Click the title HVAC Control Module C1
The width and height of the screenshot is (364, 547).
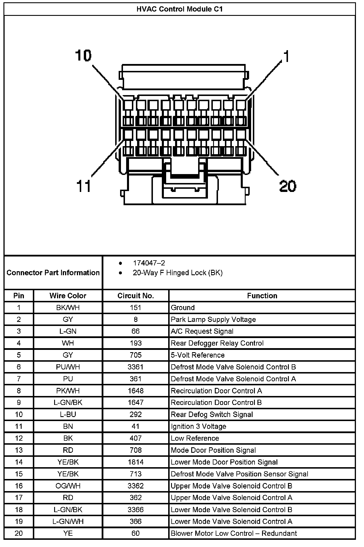tap(179, 9)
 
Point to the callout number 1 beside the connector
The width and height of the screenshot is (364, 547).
tap(286, 56)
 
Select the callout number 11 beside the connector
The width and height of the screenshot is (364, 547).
tap(84, 186)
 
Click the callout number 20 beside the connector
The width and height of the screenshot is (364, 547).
tap(287, 186)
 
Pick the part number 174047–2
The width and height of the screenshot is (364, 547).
tap(149, 263)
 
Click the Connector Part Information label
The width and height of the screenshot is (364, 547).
tap(53, 273)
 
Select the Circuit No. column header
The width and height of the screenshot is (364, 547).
tap(136, 296)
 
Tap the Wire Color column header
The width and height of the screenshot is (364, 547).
tap(68, 296)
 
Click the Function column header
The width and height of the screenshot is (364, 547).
tap(262, 296)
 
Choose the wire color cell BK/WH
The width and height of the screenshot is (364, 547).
tap(68, 308)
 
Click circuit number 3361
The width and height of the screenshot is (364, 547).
tap(136, 367)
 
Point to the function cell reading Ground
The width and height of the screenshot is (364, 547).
tap(183, 308)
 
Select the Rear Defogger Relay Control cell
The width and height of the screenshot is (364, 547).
tap(217, 343)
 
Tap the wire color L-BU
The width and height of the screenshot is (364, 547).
tap(68, 414)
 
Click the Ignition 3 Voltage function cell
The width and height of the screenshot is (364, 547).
tap(198, 426)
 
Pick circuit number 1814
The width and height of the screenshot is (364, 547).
tap(136, 462)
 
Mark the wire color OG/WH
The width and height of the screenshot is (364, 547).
tap(68, 486)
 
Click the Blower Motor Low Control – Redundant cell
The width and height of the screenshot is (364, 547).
tap(234, 533)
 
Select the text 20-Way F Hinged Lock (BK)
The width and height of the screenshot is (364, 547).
tap(177, 273)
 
